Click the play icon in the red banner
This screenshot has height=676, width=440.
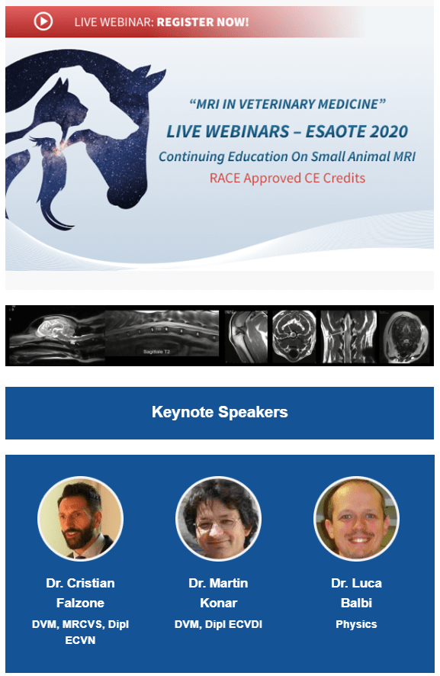point(43,21)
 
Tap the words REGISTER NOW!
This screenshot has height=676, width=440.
point(203,22)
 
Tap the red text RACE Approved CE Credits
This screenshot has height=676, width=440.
point(287,178)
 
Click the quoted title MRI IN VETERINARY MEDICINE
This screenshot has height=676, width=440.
point(287,105)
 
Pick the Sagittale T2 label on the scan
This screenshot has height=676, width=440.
point(156,352)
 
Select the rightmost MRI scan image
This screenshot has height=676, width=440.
point(406,336)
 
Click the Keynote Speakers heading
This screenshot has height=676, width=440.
point(220,412)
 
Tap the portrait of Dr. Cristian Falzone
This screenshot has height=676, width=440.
point(81,519)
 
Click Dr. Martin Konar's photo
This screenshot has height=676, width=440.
point(219,519)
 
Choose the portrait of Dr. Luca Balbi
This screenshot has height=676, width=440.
point(356,519)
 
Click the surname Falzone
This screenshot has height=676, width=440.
point(81,603)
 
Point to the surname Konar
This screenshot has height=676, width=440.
point(219,603)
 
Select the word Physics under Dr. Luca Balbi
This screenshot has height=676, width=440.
point(356,624)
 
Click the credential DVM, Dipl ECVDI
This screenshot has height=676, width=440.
point(219,624)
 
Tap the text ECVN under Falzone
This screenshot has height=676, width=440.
point(81,640)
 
